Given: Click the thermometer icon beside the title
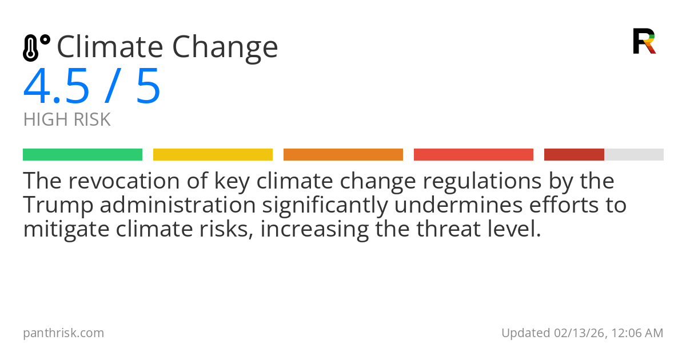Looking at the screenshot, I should coord(35,47).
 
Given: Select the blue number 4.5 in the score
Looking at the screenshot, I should coord(57,87).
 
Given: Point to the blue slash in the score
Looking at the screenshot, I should coord(113,87).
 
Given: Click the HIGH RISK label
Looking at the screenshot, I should coord(67,120).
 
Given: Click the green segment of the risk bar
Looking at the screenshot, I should coord(82,155).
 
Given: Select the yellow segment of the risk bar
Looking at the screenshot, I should coord(213,155).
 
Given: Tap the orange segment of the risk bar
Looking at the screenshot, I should coord(343,155).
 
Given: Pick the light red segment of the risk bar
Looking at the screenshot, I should coord(473,155).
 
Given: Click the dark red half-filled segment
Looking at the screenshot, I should coord(574,155).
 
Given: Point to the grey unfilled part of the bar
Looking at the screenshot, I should coord(634,155).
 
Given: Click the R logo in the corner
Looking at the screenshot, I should coord(644,41).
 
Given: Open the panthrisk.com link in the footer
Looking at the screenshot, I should coord(63,333).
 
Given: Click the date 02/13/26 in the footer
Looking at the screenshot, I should coord(577,333).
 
